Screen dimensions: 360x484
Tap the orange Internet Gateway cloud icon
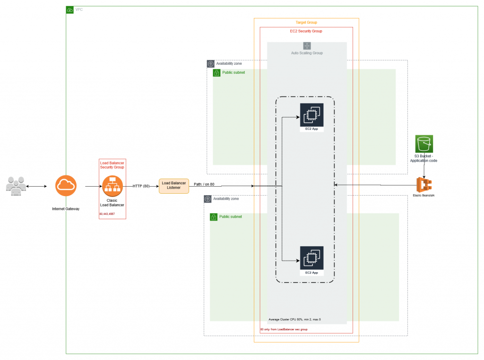(x=66, y=186)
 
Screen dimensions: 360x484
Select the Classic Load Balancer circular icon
(x=112, y=186)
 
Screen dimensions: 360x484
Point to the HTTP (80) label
(x=141, y=186)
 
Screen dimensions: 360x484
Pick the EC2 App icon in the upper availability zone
(x=311, y=115)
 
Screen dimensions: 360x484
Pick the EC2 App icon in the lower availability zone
(x=311, y=257)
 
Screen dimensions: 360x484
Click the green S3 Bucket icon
(x=424, y=144)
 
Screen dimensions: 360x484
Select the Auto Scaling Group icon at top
(x=307, y=46)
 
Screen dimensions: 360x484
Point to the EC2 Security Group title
(x=306, y=31)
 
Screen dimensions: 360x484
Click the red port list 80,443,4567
(x=107, y=214)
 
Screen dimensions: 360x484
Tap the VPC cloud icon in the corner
(x=70, y=9)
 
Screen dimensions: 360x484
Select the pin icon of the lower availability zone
(x=207, y=199)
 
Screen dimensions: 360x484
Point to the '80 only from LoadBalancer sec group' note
(x=284, y=329)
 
